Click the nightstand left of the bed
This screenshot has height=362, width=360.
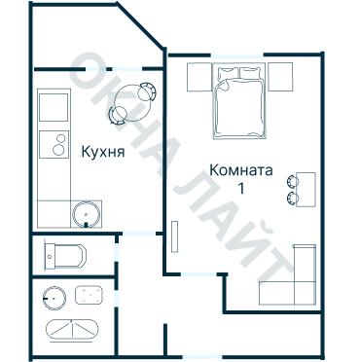(x=199, y=75)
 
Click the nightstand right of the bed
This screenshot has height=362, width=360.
(x=280, y=75)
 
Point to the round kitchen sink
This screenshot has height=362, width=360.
(x=87, y=212)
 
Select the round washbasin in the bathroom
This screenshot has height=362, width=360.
(x=53, y=294)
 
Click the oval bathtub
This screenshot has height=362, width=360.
(x=73, y=329)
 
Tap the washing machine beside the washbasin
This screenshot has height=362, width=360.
(x=91, y=294)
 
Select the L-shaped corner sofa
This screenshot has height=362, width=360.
(x=291, y=282)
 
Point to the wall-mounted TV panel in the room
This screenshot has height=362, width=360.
(x=174, y=239)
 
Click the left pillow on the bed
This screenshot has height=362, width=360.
(x=226, y=72)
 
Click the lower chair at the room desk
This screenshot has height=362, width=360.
(x=292, y=199)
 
